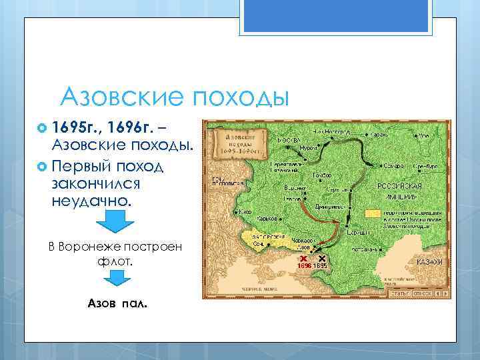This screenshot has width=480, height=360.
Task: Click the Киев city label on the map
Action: [245, 211]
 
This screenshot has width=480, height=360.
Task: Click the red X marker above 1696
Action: [303, 258]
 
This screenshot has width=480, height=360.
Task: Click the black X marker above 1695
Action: [321, 258]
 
